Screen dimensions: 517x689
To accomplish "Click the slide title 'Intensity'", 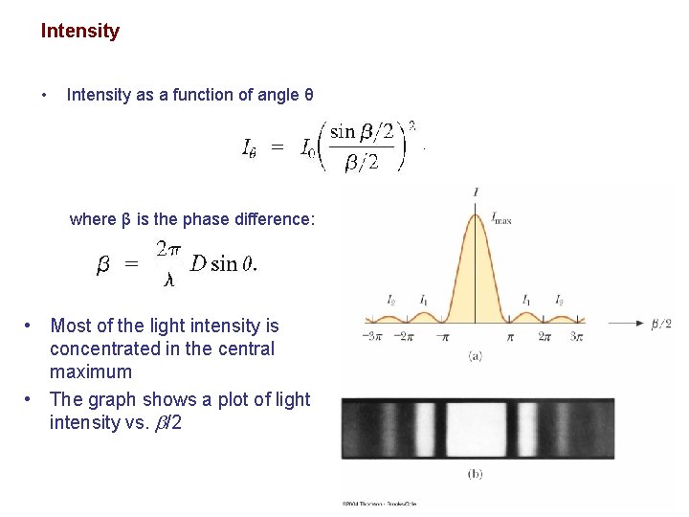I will [80, 31].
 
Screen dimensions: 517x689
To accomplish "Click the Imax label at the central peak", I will [501, 219].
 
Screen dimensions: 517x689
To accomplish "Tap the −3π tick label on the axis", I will [373, 337].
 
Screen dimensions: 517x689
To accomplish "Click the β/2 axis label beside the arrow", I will [661, 324].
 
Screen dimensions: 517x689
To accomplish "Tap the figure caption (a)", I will [476, 356].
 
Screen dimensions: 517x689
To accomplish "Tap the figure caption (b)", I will [476, 473].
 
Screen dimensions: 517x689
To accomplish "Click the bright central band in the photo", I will [476, 428].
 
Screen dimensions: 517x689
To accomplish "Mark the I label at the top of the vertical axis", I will [477, 192].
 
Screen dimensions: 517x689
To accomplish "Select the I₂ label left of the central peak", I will [391, 300].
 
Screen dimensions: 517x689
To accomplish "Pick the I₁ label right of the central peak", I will [527, 300].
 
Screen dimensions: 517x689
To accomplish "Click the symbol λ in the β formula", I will [169, 280].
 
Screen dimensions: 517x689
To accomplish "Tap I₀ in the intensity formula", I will [308, 148].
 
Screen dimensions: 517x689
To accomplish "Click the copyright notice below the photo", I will [380, 503].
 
